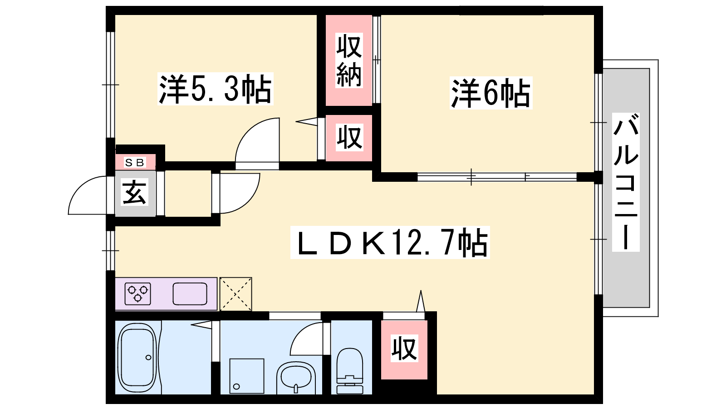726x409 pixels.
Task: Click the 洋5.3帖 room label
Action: tap(215, 89)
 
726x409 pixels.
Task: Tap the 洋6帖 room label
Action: tap(491, 93)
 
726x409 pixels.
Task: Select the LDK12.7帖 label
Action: tap(390, 243)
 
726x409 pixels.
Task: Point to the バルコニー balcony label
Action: tap(626, 182)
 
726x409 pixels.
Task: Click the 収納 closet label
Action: tap(349, 60)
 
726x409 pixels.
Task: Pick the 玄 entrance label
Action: tap(135, 193)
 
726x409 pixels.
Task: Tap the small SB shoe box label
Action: tap(135, 162)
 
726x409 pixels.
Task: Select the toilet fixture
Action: tap(350, 371)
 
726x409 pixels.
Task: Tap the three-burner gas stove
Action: tap(138, 294)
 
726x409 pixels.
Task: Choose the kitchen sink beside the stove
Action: tap(190, 294)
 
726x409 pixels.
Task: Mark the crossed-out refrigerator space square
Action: tap(235, 294)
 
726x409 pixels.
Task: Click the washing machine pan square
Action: tap(246, 376)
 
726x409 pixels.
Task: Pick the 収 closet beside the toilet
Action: tap(404, 349)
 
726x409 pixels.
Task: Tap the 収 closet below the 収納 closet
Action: tap(349, 137)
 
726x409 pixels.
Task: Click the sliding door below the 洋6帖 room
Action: tap(497, 176)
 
